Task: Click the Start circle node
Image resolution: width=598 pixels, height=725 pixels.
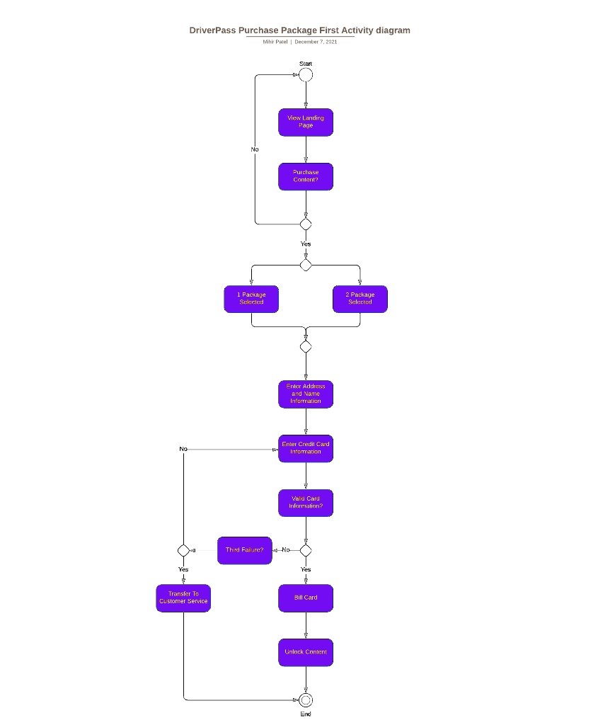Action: tap(306, 75)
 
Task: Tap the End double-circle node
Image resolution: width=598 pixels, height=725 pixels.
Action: tap(306, 700)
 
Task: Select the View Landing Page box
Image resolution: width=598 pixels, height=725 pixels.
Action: tap(306, 122)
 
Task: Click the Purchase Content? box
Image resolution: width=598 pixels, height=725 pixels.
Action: tap(306, 177)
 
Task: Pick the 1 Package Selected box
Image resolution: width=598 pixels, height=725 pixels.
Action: tap(251, 299)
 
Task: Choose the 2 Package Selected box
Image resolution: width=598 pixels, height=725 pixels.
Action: tap(360, 299)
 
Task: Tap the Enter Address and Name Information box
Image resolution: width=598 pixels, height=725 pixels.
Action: tap(306, 394)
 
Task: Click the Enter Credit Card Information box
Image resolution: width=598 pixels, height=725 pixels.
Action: tap(306, 449)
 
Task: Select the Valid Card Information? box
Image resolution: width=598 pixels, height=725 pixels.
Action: tap(306, 503)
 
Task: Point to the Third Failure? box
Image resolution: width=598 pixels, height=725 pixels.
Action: tap(245, 550)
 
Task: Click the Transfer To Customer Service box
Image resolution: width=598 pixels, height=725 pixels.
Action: tap(183, 598)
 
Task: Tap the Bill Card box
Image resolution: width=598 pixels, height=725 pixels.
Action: tap(306, 598)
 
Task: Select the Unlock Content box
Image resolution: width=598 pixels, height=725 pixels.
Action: tap(306, 652)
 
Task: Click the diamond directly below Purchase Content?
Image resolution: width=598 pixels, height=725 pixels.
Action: tap(306, 224)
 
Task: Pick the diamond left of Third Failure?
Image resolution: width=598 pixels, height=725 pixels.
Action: tap(183, 550)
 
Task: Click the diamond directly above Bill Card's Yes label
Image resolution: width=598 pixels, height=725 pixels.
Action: tap(306, 550)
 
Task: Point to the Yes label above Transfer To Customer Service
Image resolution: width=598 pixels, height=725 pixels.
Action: tap(183, 569)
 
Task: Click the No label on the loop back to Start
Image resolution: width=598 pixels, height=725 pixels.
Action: tap(255, 149)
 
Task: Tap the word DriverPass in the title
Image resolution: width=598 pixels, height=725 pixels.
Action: tap(212, 30)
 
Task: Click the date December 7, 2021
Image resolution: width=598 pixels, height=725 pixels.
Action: tap(316, 42)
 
